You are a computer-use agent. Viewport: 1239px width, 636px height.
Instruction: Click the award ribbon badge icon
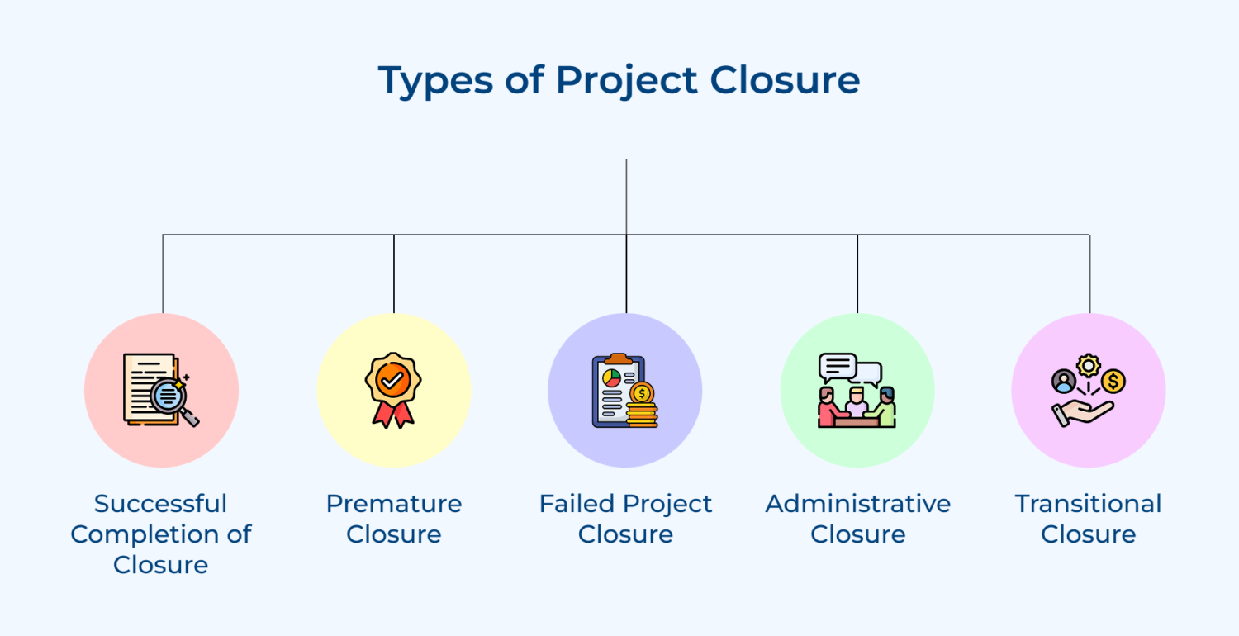click(x=393, y=389)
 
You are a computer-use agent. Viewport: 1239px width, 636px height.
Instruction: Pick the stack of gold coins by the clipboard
click(x=642, y=405)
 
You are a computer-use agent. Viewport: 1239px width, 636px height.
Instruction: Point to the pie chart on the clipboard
click(x=612, y=379)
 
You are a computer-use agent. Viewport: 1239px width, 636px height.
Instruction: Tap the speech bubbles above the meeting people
click(x=849, y=368)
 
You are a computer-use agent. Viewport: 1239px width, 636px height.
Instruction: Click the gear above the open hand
click(x=1089, y=365)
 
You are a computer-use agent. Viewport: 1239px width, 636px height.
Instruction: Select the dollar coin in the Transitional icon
click(x=1113, y=381)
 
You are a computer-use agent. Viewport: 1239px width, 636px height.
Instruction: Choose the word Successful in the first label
click(x=160, y=503)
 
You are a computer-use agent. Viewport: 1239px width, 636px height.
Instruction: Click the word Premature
click(x=394, y=503)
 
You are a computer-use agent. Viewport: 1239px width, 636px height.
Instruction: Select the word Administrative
click(x=858, y=503)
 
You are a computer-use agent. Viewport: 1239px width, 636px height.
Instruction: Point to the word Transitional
click(x=1089, y=503)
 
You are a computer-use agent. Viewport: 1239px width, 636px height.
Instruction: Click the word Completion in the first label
click(x=146, y=534)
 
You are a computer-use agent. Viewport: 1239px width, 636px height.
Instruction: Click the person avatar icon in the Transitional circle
click(x=1064, y=381)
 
